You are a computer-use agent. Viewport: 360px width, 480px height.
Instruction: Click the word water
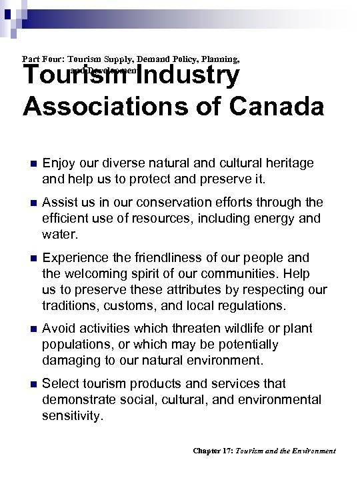pyautogui.click(x=58, y=234)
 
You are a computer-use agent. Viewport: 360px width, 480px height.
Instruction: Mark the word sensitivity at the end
pyautogui.click(x=72, y=415)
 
